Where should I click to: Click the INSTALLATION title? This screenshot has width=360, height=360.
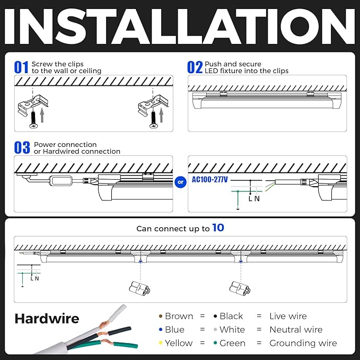[180, 26]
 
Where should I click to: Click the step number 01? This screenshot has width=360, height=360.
[21, 67]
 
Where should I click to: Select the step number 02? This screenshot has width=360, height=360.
[195, 67]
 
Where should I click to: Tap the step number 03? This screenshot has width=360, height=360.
[22, 148]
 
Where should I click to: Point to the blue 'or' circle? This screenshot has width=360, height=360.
[180, 182]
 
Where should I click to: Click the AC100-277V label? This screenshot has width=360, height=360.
[210, 180]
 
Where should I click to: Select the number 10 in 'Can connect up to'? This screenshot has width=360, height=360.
[218, 228]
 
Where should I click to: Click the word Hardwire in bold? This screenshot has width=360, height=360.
[47, 319]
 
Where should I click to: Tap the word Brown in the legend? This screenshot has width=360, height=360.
[179, 316]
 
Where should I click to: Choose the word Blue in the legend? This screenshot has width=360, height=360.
[174, 329]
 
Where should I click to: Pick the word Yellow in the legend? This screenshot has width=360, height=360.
[179, 343]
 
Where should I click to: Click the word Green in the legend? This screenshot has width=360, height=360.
[232, 343]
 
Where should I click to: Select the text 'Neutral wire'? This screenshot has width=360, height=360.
[296, 329]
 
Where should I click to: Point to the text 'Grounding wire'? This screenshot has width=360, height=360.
[303, 343]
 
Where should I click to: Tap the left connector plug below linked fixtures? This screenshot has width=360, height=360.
[139, 288]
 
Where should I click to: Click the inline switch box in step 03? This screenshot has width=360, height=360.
[61, 180]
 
